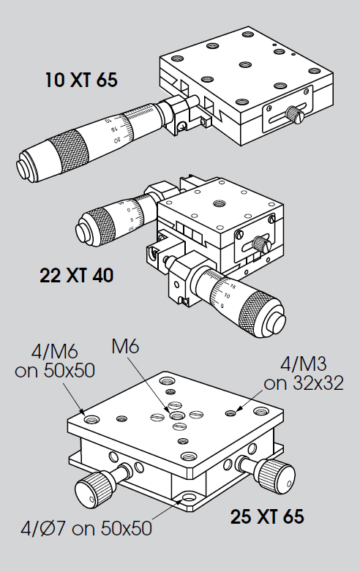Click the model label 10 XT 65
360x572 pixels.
click(x=81, y=80)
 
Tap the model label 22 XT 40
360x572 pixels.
click(x=77, y=275)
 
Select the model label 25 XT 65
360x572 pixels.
click(x=267, y=516)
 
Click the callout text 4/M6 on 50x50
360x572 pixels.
click(x=55, y=361)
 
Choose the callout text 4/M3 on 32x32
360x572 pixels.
click(x=304, y=374)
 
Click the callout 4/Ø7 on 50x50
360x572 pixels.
click(x=86, y=528)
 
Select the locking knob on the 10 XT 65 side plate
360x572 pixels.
click(x=294, y=114)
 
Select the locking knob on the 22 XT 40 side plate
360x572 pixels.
click(x=260, y=243)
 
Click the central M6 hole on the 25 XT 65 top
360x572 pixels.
click(x=176, y=415)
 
